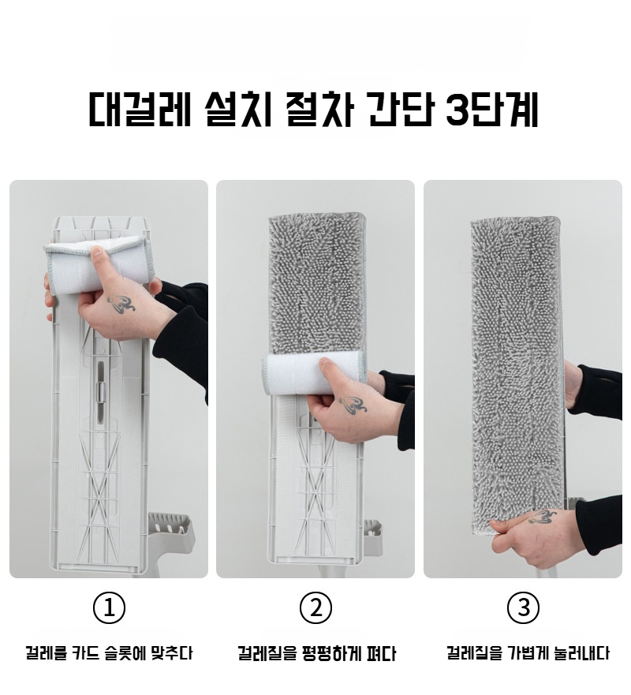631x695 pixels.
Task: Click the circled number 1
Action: (x=109, y=608)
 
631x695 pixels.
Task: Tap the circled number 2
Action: (x=315, y=608)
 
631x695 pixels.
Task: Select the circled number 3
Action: (x=523, y=608)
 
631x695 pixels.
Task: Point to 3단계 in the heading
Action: (x=492, y=109)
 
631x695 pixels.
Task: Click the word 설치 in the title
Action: (x=238, y=109)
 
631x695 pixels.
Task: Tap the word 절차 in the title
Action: (x=320, y=109)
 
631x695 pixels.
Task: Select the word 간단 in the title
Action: (x=401, y=109)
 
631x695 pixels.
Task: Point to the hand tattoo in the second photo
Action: (x=353, y=403)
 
